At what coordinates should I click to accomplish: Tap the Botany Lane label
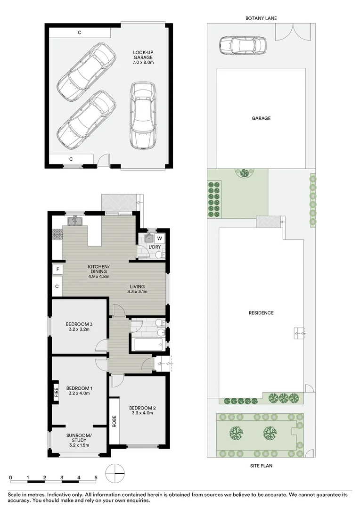[x=261, y=18]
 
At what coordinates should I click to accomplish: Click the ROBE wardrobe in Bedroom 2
[x=114, y=420]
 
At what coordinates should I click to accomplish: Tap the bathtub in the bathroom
[x=147, y=344]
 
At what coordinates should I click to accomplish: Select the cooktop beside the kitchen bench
[x=57, y=234]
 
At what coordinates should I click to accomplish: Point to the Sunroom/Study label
[x=79, y=439]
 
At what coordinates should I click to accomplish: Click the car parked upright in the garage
[x=143, y=115]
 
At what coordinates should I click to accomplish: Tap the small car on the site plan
[x=242, y=46]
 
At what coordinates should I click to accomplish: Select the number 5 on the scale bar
[x=96, y=477]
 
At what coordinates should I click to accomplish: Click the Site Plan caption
[x=261, y=466]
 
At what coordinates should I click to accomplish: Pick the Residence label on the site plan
[x=261, y=313]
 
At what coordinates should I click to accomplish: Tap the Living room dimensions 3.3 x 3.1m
[x=138, y=292]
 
